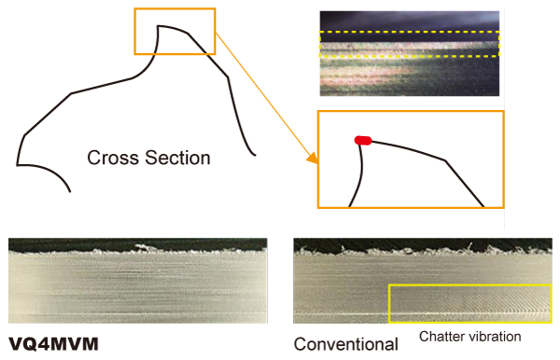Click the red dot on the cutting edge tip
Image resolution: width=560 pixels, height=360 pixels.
point(363,140)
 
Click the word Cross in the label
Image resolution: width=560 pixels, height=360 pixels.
point(109,158)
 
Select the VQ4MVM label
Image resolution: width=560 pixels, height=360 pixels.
point(53,344)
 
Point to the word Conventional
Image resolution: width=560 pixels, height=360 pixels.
point(345,344)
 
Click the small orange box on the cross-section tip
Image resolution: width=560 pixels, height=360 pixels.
point(175,32)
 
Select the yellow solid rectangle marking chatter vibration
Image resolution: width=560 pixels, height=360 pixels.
point(469,303)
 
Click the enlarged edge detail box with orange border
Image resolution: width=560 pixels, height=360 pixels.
point(410,159)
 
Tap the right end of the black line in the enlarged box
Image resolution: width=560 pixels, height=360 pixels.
point(483,205)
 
